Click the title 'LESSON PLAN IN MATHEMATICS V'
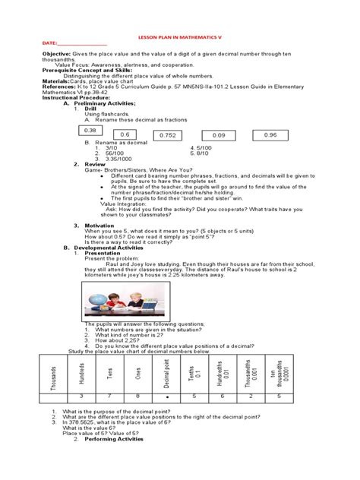[x=179, y=36]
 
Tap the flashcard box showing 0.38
[x=93, y=131]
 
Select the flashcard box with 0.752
[x=168, y=135]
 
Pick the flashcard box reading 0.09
[x=219, y=135]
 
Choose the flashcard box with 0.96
[x=270, y=134]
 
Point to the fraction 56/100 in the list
[x=115, y=153]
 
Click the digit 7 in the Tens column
[x=110, y=396]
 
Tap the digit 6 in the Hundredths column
[x=222, y=396]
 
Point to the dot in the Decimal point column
[x=166, y=396]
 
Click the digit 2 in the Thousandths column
[x=250, y=396]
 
